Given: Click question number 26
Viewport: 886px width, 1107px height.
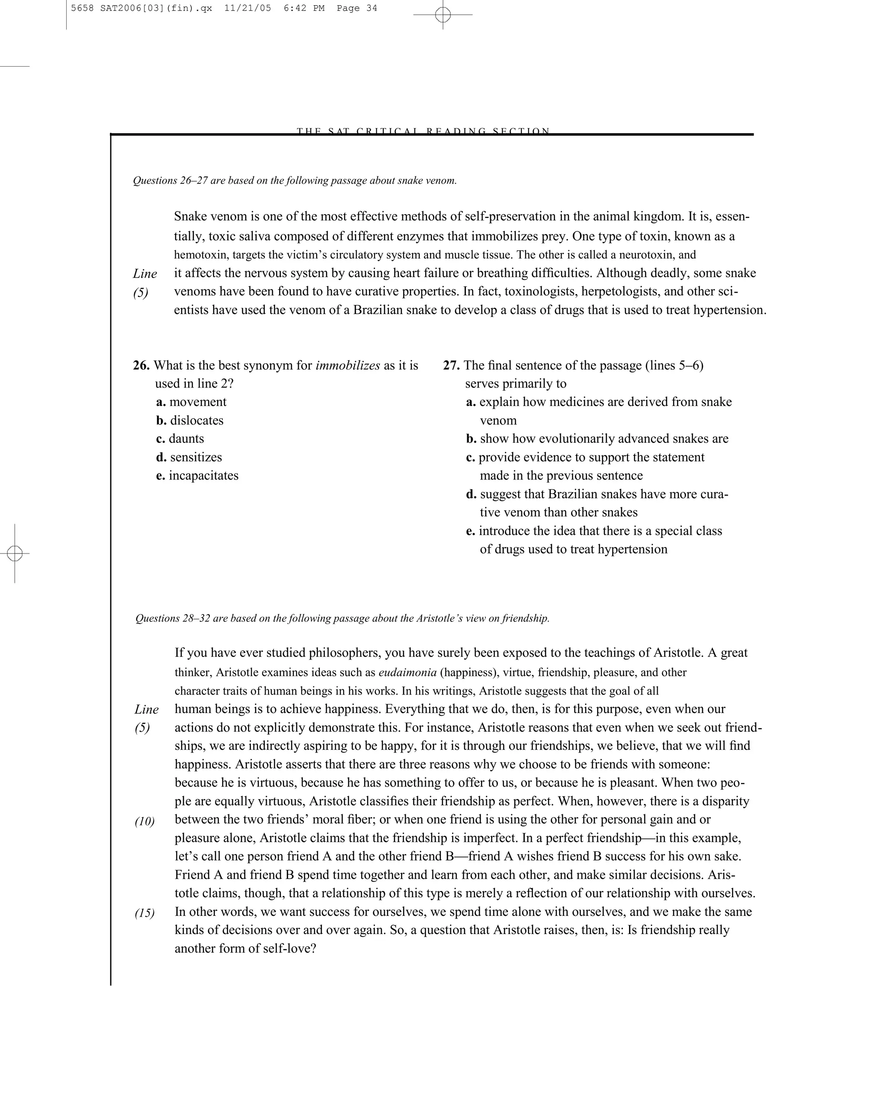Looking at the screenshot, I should click(x=141, y=365).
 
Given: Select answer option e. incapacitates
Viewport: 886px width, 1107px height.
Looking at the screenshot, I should click(x=197, y=476).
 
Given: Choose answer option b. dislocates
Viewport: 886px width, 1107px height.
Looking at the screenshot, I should click(x=190, y=420).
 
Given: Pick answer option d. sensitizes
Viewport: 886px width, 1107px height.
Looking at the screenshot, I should click(x=189, y=457).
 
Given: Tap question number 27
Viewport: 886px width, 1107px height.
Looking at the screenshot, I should click(x=451, y=365).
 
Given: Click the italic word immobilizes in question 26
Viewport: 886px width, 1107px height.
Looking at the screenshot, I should click(x=348, y=365).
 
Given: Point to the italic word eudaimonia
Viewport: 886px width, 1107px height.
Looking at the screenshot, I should click(x=407, y=672).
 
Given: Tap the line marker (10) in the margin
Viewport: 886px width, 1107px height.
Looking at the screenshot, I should click(x=145, y=822).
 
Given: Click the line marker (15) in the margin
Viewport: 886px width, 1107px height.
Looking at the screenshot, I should click(x=145, y=913).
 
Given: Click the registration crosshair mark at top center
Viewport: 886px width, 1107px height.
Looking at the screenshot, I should click(x=443, y=15).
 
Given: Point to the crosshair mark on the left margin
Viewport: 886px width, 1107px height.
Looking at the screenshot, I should click(x=15, y=553).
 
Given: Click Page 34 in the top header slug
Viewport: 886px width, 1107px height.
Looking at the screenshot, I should click(x=356, y=8).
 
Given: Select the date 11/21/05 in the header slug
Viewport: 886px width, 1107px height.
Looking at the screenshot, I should click(x=247, y=8).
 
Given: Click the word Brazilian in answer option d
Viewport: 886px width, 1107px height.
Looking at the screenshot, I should click(x=573, y=494).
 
